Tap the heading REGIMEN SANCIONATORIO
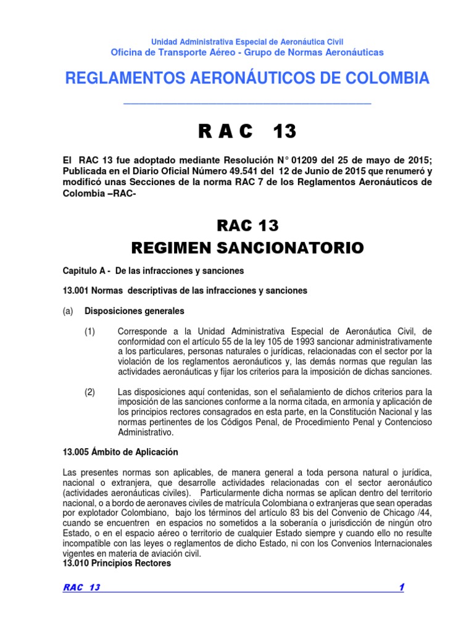[x=248, y=247]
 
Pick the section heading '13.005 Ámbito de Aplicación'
[x=120, y=452]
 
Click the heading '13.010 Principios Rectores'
[x=117, y=563]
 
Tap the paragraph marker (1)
[x=90, y=332]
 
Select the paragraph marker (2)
[x=90, y=392]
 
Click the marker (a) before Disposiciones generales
[x=68, y=311]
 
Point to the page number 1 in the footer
[x=401, y=588]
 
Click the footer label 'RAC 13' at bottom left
[x=81, y=588]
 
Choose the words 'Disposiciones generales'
[x=134, y=311]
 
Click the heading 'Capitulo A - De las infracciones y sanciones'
[x=154, y=270]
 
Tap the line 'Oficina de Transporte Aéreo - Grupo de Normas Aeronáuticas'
[x=247, y=52]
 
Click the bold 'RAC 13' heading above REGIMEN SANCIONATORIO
[x=247, y=225]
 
